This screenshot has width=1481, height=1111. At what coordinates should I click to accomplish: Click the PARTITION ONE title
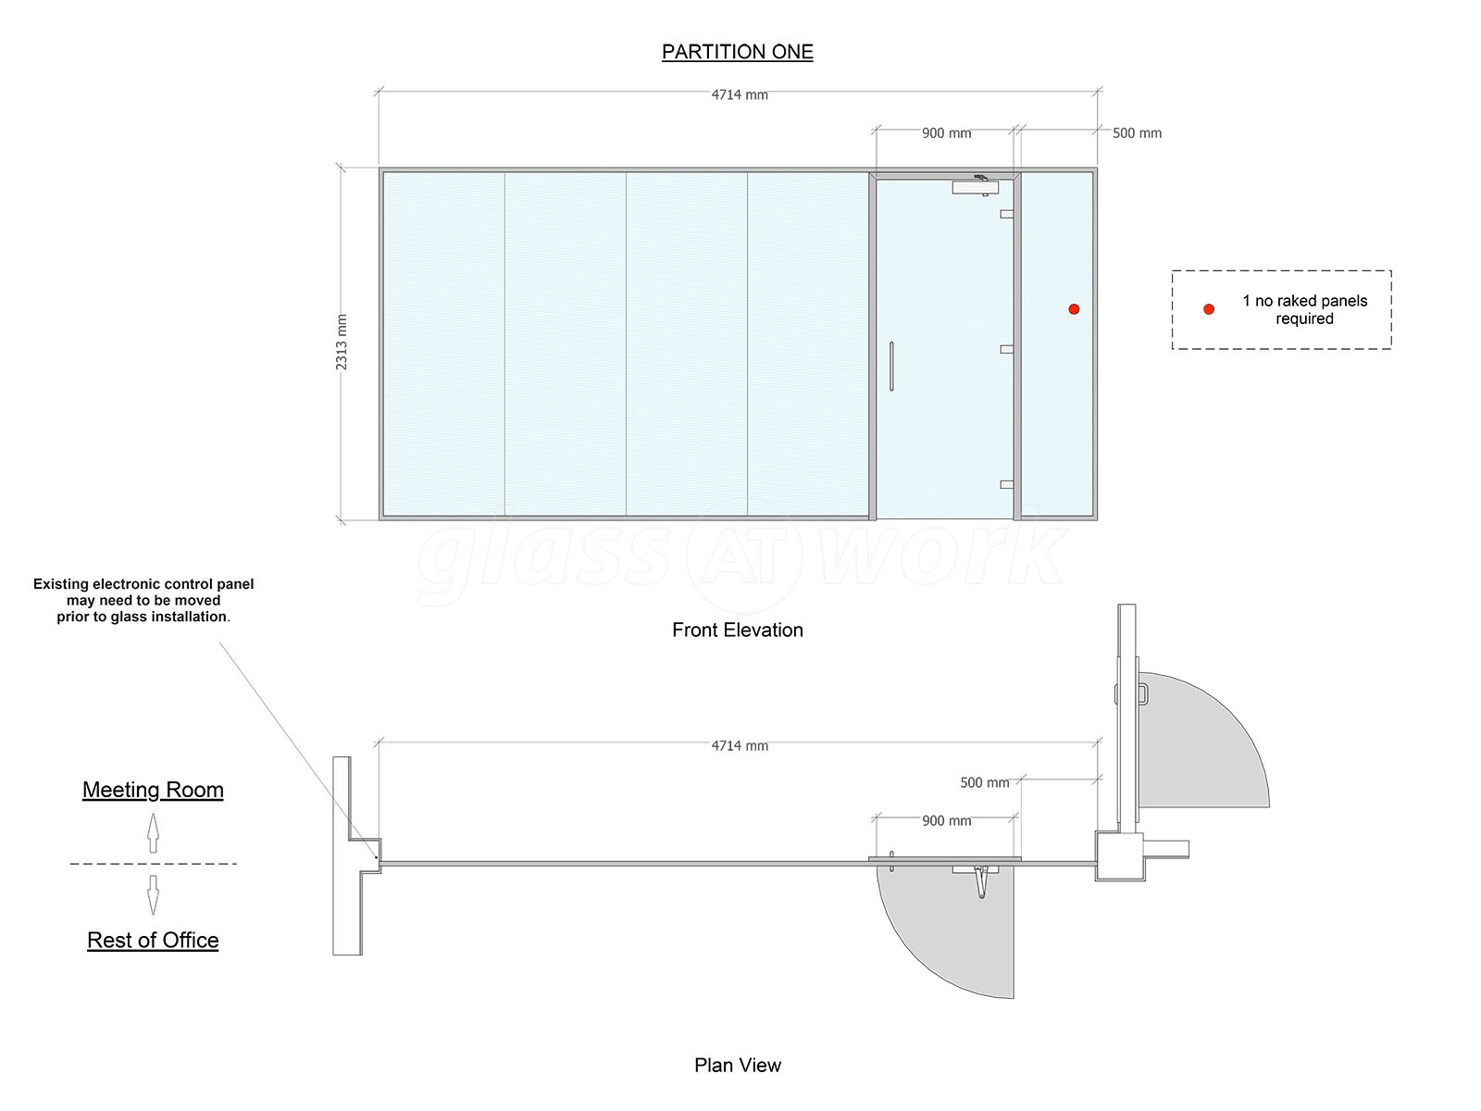[x=737, y=51]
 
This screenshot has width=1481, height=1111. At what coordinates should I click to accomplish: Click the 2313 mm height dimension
[x=342, y=342]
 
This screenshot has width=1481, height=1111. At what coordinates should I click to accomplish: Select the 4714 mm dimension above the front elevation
[x=740, y=95]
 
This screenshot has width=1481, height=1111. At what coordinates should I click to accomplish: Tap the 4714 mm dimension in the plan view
[x=740, y=745]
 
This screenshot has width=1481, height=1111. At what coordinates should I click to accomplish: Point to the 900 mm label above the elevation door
[x=947, y=133]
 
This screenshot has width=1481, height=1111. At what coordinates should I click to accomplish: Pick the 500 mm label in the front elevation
[x=1137, y=133]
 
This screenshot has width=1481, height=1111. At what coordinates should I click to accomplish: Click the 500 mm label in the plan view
[x=985, y=782]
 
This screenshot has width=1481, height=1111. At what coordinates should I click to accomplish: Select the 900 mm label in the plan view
[x=947, y=821]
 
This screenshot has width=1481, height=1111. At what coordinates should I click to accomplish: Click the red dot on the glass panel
[x=1074, y=309]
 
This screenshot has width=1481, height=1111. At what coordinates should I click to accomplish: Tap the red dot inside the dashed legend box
[x=1209, y=309]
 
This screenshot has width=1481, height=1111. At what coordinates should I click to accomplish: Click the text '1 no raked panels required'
[x=1304, y=309]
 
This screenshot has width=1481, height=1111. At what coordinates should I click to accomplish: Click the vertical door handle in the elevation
[x=891, y=367]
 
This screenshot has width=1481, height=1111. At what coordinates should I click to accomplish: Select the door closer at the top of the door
[x=976, y=185]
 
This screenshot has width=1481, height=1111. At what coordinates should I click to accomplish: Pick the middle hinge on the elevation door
[x=1007, y=349]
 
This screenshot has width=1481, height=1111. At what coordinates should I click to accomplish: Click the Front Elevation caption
[x=738, y=630]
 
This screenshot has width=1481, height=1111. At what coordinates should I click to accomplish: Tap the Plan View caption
[x=738, y=1065]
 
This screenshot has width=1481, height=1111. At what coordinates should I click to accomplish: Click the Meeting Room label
[x=153, y=789]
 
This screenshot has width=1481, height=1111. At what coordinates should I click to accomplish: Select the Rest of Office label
[x=153, y=940]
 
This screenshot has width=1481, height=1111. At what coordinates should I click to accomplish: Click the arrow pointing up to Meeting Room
[x=153, y=832]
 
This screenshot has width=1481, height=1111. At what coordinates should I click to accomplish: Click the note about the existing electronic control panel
[x=143, y=600]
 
